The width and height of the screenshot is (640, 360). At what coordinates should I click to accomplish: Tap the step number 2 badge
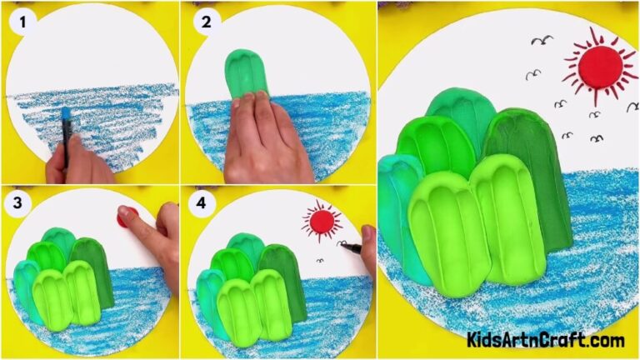tap(202, 22)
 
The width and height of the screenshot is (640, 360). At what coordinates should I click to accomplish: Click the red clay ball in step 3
tap(126, 219)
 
